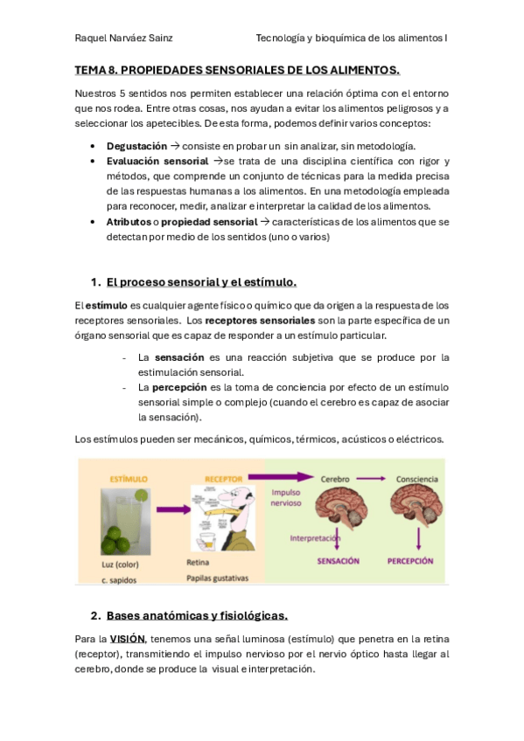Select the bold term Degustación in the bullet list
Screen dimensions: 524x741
[x=136, y=145]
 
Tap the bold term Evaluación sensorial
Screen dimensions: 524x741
[x=157, y=162]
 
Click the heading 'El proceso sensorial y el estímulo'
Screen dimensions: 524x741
[x=201, y=282]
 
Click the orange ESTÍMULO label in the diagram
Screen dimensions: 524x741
[x=129, y=480]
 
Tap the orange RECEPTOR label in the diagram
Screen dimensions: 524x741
[x=224, y=480]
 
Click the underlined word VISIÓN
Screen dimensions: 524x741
[x=128, y=639]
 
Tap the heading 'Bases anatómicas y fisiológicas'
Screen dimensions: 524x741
[x=197, y=614]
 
